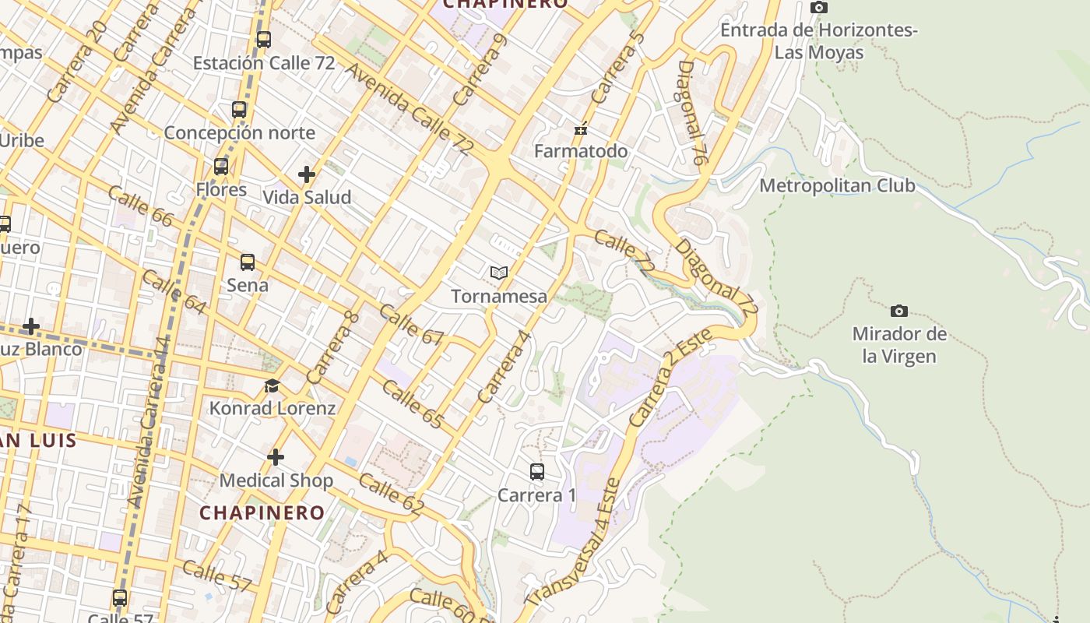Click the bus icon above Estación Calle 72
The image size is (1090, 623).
[264, 39]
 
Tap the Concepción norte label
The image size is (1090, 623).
[239, 132]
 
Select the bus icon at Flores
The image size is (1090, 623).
[221, 166]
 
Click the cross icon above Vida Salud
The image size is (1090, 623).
[307, 174]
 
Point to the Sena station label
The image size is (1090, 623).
[248, 285]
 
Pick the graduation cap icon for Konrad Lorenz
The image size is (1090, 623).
[272, 385]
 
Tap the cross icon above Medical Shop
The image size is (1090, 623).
[276, 457]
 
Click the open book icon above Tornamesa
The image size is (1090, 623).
[499, 273]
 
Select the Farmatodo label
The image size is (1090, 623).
[581, 150]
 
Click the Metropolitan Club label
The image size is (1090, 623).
[837, 186]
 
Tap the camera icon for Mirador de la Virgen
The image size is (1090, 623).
[899, 311]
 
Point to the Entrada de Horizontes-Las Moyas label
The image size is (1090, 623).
[819, 41]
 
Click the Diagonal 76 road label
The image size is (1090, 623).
[691, 113]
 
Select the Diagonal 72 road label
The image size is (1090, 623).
[716, 277]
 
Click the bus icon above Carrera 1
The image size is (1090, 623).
[537, 471]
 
